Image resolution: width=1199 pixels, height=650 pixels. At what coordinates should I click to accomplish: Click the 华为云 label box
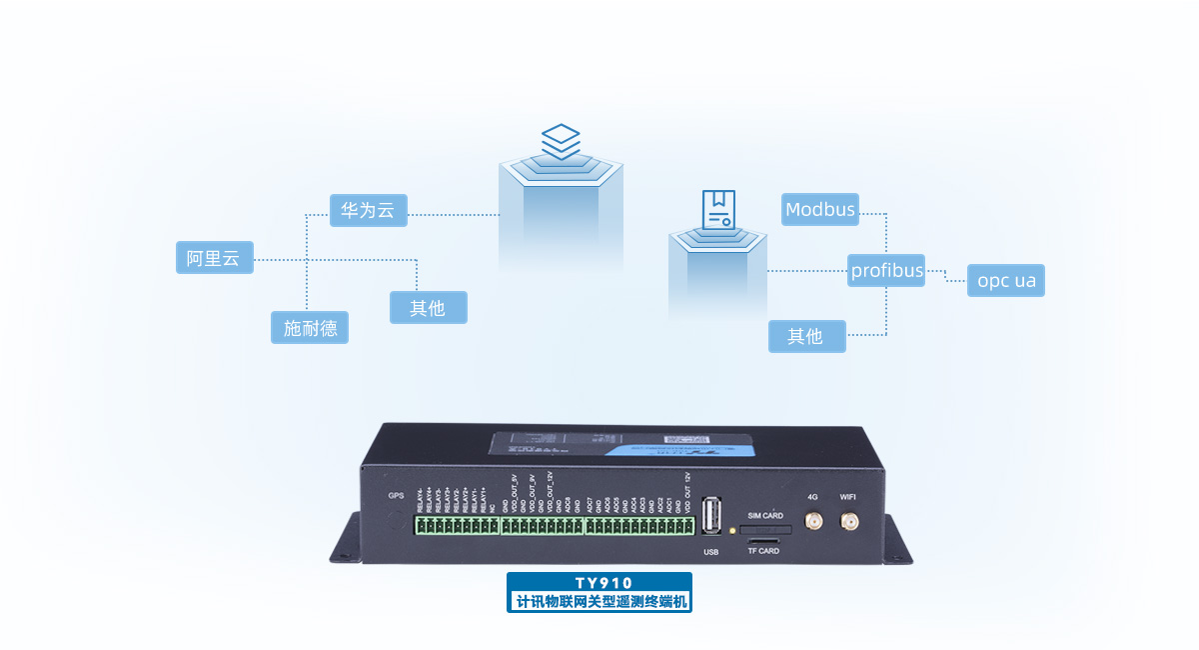[368, 211]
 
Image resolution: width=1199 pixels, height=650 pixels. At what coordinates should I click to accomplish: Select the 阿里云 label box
[213, 258]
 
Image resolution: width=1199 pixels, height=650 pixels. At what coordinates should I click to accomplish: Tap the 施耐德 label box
[310, 327]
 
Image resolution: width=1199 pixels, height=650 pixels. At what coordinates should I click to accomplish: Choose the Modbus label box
[820, 209]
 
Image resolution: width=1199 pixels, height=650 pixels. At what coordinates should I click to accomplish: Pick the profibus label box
[886, 270]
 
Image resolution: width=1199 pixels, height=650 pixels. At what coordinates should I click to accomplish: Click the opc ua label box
[1006, 281]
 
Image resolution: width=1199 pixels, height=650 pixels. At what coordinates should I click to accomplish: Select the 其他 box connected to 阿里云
[428, 307]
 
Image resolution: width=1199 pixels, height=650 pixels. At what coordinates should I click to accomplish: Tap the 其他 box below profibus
[806, 336]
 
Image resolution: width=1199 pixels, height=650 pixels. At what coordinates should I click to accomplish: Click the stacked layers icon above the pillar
[561, 141]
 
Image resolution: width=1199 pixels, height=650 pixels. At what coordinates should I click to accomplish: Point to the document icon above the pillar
[717, 209]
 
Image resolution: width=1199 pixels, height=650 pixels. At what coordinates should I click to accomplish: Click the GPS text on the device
[396, 495]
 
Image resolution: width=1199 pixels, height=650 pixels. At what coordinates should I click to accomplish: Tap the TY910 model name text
[599, 583]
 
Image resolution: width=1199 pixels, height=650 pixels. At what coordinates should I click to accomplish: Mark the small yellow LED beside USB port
[732, 529]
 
